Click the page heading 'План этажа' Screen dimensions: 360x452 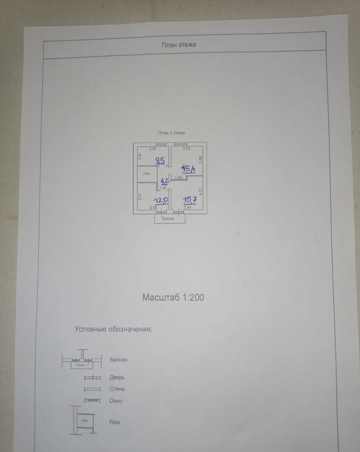[x=179, y=45]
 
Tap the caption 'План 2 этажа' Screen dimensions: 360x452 [x=171, y=133]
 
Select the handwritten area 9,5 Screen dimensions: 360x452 [x=160, y=160]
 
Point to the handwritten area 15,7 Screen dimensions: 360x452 [x=189, y=199]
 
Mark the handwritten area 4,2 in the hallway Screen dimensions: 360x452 [x=164, y=180]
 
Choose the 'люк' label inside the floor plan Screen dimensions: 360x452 [x=146, y=174]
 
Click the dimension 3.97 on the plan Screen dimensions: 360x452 [x=153, y=149]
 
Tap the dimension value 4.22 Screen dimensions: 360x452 [x=201, y=192]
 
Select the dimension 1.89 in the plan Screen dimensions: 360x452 [x=178, y=177]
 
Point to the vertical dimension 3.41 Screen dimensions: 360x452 [x=139, y=196]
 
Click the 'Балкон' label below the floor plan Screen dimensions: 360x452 [x=168, y=219]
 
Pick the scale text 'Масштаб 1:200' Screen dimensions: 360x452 [x=173, y=297]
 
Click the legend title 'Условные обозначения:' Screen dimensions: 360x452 [x=113, y=329]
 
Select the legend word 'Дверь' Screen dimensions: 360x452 [x=117, y=377]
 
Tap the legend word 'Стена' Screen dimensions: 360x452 [x=117, y=389]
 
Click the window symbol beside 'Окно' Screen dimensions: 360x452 [x=92, y=400]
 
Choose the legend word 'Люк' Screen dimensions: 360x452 [x=114, y=422]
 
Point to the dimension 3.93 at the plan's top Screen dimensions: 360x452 [x=186, y=149]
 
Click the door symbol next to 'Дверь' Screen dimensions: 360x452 [x=92, y=378]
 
